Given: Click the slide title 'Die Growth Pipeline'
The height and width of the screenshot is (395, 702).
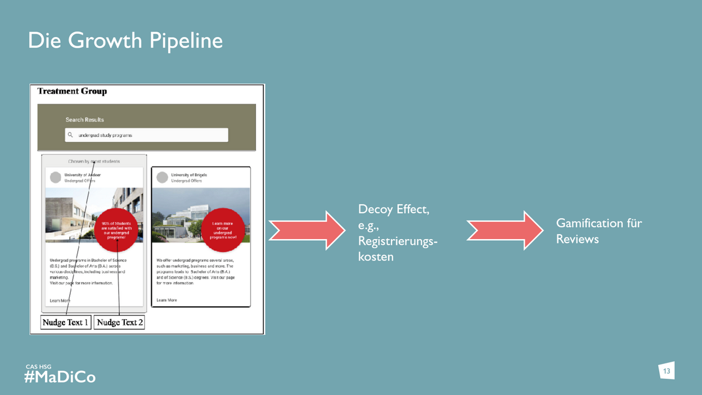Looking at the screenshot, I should coord(125,41).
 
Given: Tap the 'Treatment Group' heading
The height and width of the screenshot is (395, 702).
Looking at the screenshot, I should coord(72,91).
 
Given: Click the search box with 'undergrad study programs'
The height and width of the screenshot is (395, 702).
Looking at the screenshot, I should coord(146,135).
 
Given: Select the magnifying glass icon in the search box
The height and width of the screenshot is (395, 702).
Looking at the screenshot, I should coord(70,135).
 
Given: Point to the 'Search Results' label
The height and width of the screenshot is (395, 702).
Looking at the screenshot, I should coord(84,119).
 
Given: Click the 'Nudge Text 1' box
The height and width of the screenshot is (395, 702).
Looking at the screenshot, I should coord(66,322).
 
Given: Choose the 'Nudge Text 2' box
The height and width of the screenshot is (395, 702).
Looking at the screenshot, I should coord(119,322).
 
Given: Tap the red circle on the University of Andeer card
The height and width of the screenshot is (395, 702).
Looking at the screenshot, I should coord(116,230).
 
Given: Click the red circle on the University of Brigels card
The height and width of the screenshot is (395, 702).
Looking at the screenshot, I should coord(223,230).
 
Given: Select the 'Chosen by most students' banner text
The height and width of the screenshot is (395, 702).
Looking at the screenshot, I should coord(94,161).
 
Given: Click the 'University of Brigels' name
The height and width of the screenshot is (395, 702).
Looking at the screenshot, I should coord(189,175).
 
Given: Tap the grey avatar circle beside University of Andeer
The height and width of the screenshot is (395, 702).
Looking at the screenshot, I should coord(56,178).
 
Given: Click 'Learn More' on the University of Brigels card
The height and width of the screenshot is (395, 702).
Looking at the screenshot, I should coord(166,300).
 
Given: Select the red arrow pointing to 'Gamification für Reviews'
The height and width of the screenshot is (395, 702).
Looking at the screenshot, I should coord(505,230).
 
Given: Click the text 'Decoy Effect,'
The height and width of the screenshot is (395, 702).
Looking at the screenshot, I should coord(393,209).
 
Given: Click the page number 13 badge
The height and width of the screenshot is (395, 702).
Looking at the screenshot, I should coord(667,371).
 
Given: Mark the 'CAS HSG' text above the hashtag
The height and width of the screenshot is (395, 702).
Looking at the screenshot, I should coord(38,367).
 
